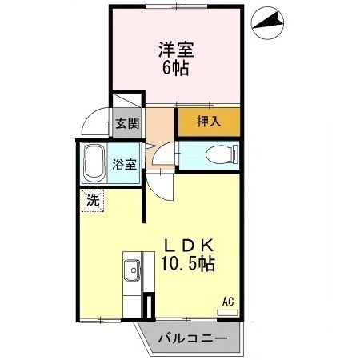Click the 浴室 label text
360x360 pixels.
[124, 163]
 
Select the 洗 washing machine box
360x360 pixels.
[94, 201]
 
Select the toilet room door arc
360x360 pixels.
[164, 152]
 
